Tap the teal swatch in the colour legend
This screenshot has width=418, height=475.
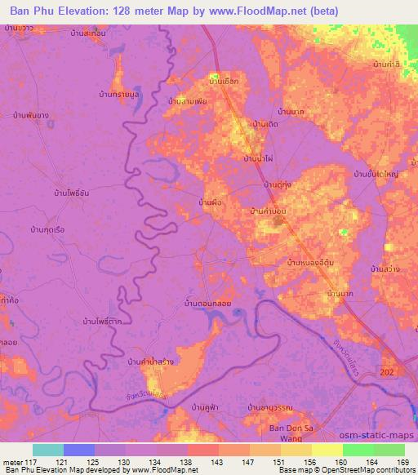click(48, 450)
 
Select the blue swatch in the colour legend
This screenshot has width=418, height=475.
click(79, 450)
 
